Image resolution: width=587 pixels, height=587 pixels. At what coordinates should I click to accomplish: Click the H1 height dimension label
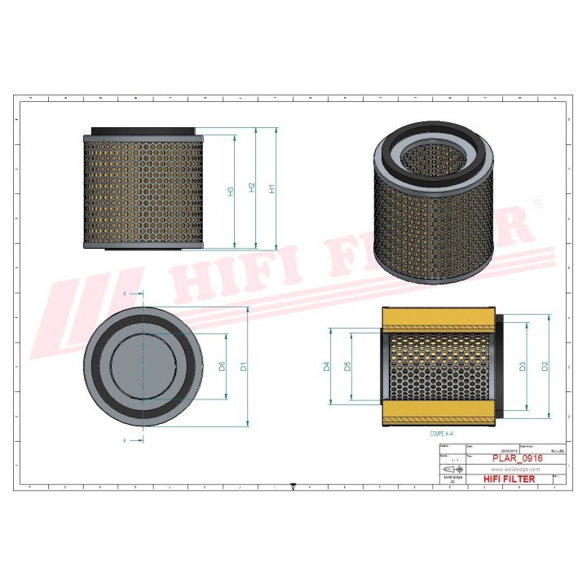(273, 188)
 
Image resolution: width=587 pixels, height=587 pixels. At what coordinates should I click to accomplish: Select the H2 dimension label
(252, 188)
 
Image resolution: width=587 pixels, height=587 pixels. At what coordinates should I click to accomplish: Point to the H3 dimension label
(231, 191)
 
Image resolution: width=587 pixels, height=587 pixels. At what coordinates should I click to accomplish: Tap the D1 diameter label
(243, 367)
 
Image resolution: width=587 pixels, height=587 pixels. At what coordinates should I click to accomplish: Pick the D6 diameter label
(222, 367)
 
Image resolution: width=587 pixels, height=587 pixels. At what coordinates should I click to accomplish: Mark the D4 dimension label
(326, 367)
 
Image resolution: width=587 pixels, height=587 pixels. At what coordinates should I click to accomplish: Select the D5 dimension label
(347, 367)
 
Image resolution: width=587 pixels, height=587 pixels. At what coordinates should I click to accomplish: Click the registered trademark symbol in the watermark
(536, 201)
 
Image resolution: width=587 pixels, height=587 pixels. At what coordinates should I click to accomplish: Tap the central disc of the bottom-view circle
(143, 367)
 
